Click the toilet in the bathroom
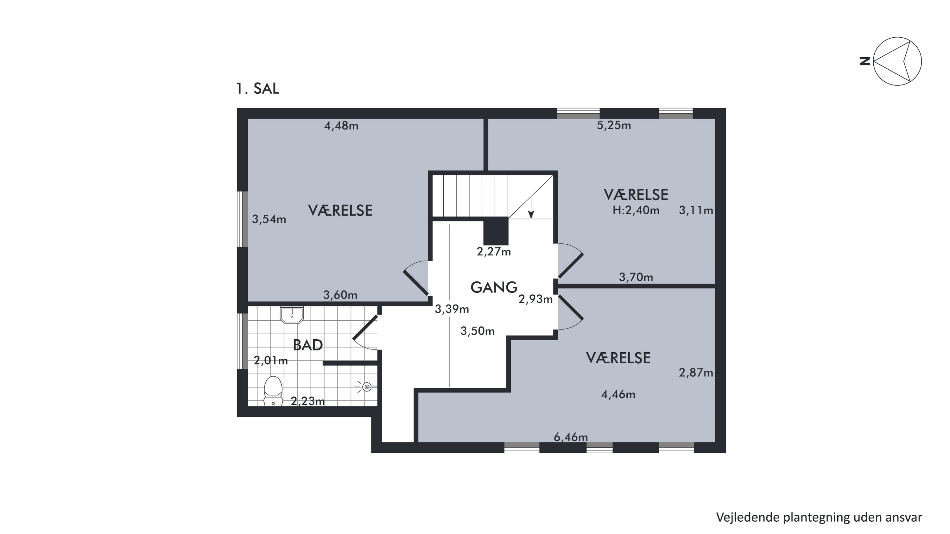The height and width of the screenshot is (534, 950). point(273,391)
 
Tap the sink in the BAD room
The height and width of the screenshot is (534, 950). point(292,314)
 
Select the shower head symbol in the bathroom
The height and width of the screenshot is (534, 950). point(365,387)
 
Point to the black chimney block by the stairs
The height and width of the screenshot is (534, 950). point(496,231)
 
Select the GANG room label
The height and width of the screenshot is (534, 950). point(494,287)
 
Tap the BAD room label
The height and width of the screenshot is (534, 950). point(308,345)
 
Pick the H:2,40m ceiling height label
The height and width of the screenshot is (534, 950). point(636,210)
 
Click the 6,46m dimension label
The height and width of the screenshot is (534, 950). point(571,437)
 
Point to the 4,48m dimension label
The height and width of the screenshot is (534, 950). point(341,126)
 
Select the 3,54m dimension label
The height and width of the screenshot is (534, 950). point(269,219)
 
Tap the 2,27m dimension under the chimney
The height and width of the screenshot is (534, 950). point(494,252)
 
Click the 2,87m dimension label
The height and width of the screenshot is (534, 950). point(696,373)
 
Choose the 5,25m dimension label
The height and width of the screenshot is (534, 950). point(614,126)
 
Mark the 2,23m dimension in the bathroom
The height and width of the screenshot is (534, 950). point(307,401)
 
